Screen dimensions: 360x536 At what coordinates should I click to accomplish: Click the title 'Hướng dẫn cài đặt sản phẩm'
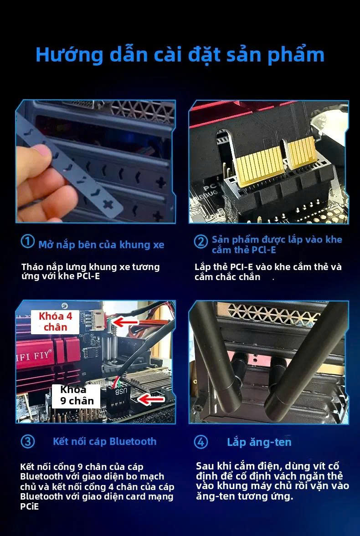[x=180, y=55]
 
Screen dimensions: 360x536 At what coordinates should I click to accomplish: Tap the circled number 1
[x=27, y=242]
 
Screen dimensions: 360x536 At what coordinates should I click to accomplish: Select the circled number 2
[x=201, y=242]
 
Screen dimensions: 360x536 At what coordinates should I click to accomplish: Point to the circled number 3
[x=27, y=441]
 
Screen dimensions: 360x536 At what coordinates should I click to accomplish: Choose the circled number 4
[x=201, y=442]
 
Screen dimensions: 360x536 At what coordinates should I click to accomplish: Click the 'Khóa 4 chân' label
[x=55, y=322]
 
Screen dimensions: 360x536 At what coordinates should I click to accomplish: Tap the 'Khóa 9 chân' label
[x=76, y=396]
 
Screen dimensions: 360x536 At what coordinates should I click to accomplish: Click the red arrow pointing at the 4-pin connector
[x=126, y=322]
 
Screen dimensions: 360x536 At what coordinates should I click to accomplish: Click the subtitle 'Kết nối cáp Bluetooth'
[x=104, y=441]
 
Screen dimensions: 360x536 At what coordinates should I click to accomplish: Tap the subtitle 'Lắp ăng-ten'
[x=259, y=442]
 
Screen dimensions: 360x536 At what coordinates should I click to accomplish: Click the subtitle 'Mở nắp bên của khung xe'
[x=101, y=245]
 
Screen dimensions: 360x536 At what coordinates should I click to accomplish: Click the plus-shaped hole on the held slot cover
[x=108, y=204]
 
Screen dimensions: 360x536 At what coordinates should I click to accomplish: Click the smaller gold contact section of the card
[x=302, y=153]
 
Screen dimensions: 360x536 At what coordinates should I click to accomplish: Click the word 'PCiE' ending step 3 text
[x=30, y=506]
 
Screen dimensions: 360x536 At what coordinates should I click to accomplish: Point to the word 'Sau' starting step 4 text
[x=204, y=466]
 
